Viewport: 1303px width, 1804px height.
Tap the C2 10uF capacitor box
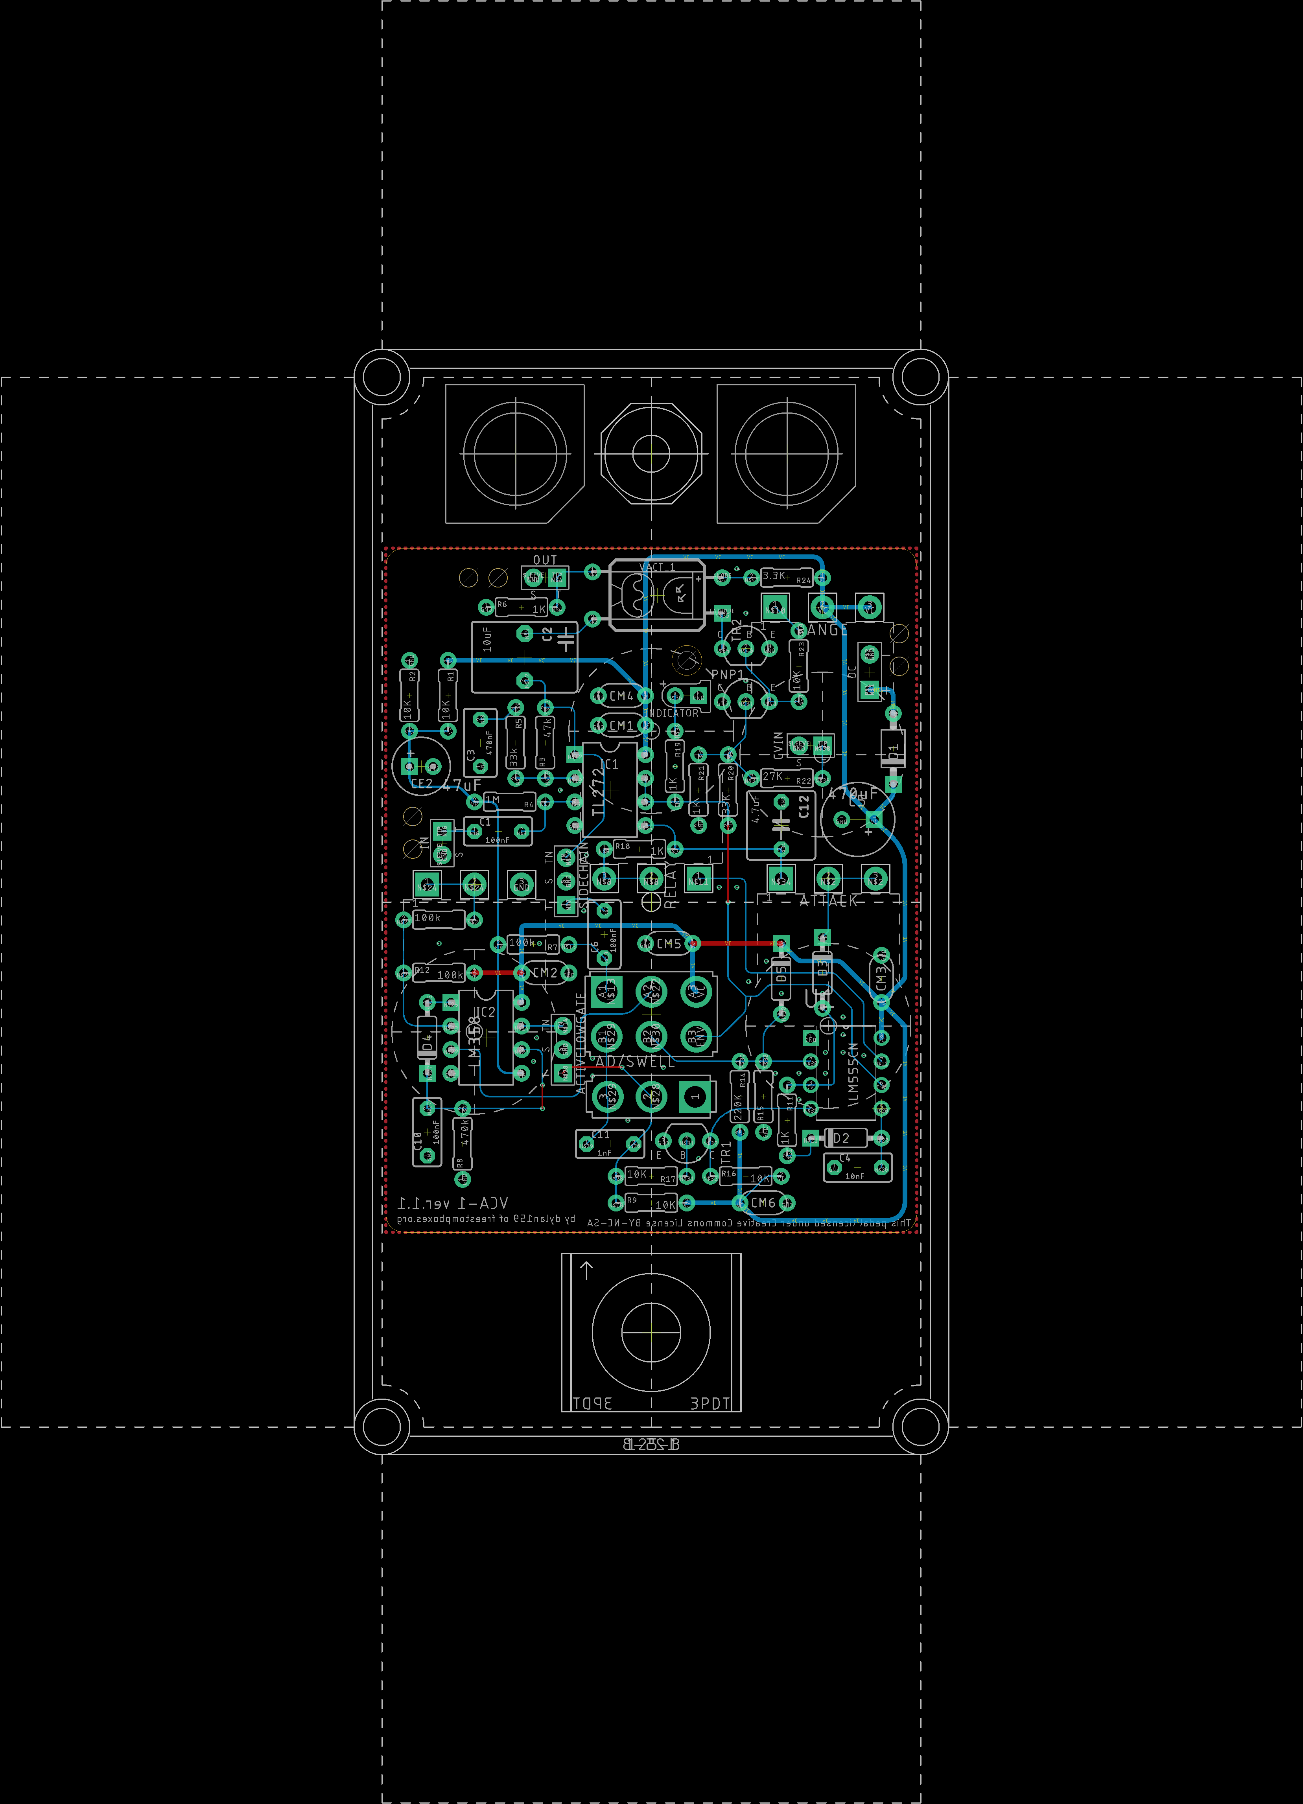(524, 657)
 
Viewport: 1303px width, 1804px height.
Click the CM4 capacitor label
(621, 696)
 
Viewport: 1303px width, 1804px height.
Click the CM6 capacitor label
(763, 1203)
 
